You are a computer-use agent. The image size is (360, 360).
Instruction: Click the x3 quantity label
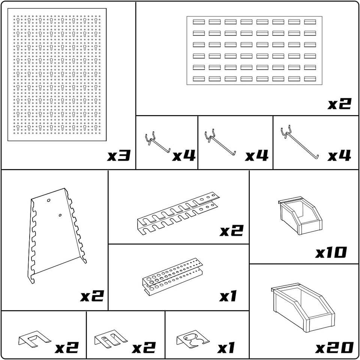point(119,155)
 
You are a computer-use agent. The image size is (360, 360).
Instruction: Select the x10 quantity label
point(331,252)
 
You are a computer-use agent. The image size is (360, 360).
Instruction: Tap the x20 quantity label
point(334,348)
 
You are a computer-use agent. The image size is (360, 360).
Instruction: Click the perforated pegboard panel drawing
point(57,75)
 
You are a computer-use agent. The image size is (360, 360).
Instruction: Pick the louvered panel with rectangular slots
point(254,51)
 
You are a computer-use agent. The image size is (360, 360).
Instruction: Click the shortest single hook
point(157,143)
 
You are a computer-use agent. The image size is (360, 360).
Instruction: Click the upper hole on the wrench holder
point(49,200)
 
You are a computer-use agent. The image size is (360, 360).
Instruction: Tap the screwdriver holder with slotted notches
point(178,213)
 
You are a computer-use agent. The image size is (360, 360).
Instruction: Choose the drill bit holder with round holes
point(172,276)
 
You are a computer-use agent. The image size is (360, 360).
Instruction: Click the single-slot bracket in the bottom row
point(34,339)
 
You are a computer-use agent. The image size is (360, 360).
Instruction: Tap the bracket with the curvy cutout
point(193,339)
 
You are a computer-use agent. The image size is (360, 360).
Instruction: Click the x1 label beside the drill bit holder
point(228,296)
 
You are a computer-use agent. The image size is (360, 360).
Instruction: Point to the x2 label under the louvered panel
point(339,103)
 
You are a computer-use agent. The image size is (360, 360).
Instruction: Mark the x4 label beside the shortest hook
point(184,155)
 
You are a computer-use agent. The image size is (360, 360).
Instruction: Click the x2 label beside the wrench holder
point(92,296)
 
